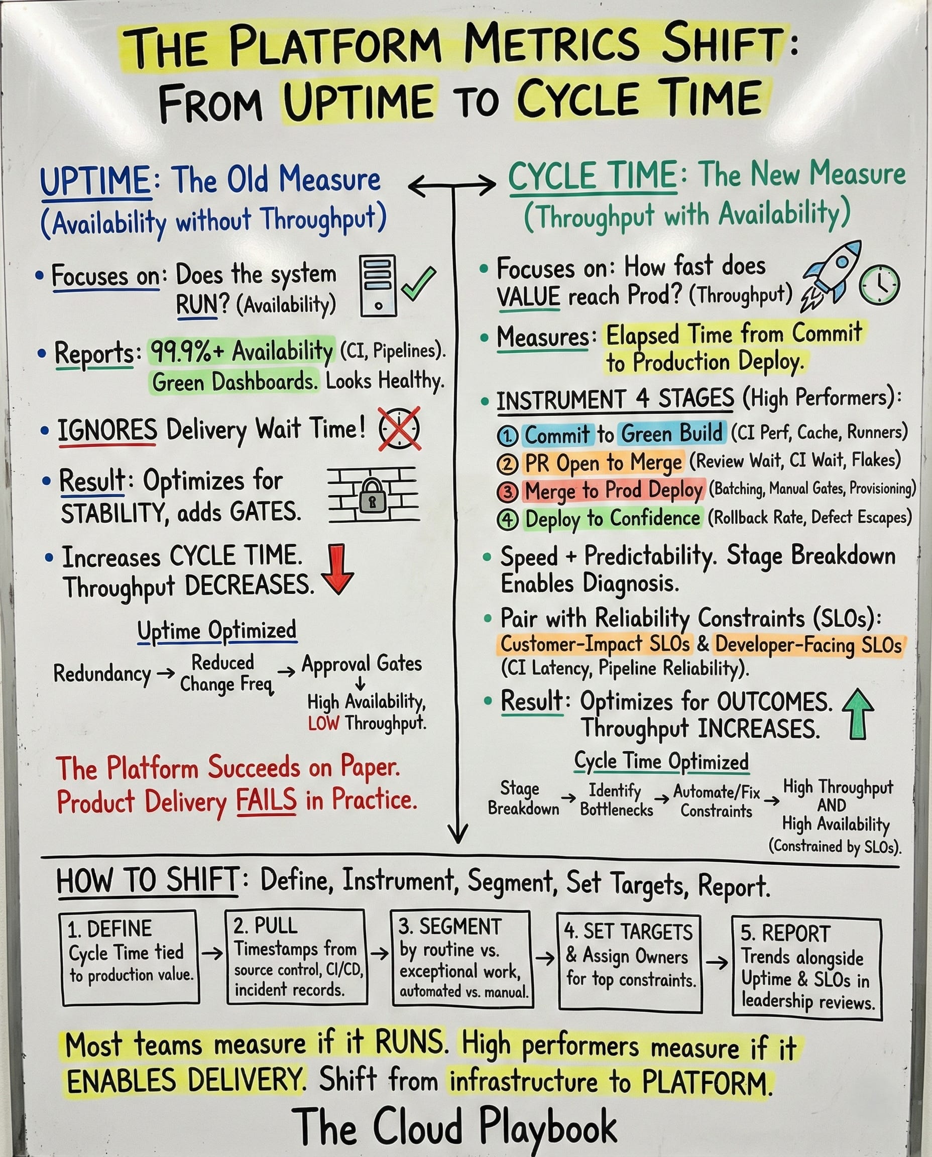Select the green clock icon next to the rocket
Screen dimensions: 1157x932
pos(879,285)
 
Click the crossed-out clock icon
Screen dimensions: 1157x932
pos(399,429)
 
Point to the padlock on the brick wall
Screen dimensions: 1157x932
pos(372,496)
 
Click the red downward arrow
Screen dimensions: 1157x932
pos(337,569)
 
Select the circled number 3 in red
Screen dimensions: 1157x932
pos(507,491)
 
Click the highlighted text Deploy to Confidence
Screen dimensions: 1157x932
pos(612,519)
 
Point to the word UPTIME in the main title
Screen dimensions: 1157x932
pos(359,100)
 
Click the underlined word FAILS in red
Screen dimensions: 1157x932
pos(266,800)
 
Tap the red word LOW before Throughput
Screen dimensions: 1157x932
pos(323,724)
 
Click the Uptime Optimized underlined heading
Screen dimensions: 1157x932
pos(216,630)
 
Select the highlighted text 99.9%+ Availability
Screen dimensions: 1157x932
pos(241,352)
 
